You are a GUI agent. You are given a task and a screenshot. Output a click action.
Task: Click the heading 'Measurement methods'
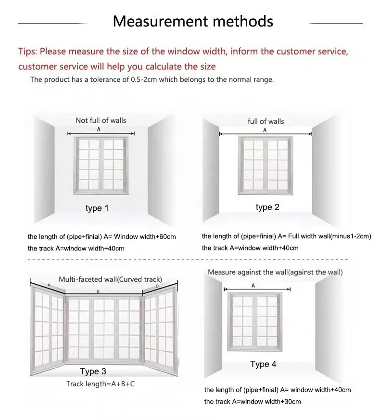pyautogui.click(x=193, y=21)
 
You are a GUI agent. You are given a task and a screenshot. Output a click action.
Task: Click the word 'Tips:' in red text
pyautogui.click(x=27, y=52)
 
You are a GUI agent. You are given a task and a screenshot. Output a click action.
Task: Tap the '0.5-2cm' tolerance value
pyautogui.click(x=143, y=79)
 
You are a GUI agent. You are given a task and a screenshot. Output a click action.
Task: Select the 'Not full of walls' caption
pyautogui.click(x=101, y=120)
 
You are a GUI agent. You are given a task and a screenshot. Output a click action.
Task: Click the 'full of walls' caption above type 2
pyautogui.click(x=266, y=121)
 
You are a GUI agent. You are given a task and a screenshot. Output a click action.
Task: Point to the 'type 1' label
pyautogui.click(x=97, y=208)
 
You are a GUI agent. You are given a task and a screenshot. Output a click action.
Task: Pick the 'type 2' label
pyautogui.click(x=267, y=207)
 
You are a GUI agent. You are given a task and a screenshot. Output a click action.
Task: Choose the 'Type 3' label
pyautogui.click(x=93, y=371)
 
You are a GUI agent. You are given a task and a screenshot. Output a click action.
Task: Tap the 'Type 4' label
pyautogui.click(x=263, y=364)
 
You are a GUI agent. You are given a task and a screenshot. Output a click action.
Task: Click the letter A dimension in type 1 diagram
pyautogui.click(x=99, y=129)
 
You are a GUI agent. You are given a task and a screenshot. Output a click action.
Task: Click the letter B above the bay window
pyautogui.click(x=98, y=291)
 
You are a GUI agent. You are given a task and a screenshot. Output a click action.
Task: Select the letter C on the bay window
pyautogui.click(x=157, y=286)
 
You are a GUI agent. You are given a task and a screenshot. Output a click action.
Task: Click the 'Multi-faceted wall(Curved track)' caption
pyautogui.click(x=110, y=279)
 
